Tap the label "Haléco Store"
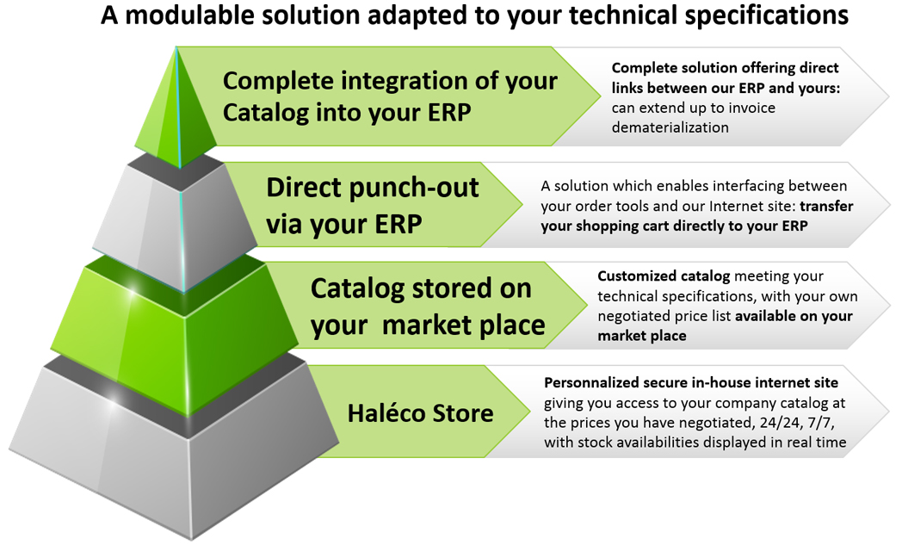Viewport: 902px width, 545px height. tap(421, 413)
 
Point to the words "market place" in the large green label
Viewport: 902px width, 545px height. tap(463, 325)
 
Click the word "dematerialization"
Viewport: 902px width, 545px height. tap(670, 127)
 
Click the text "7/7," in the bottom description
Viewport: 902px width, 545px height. tap(821, 423)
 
